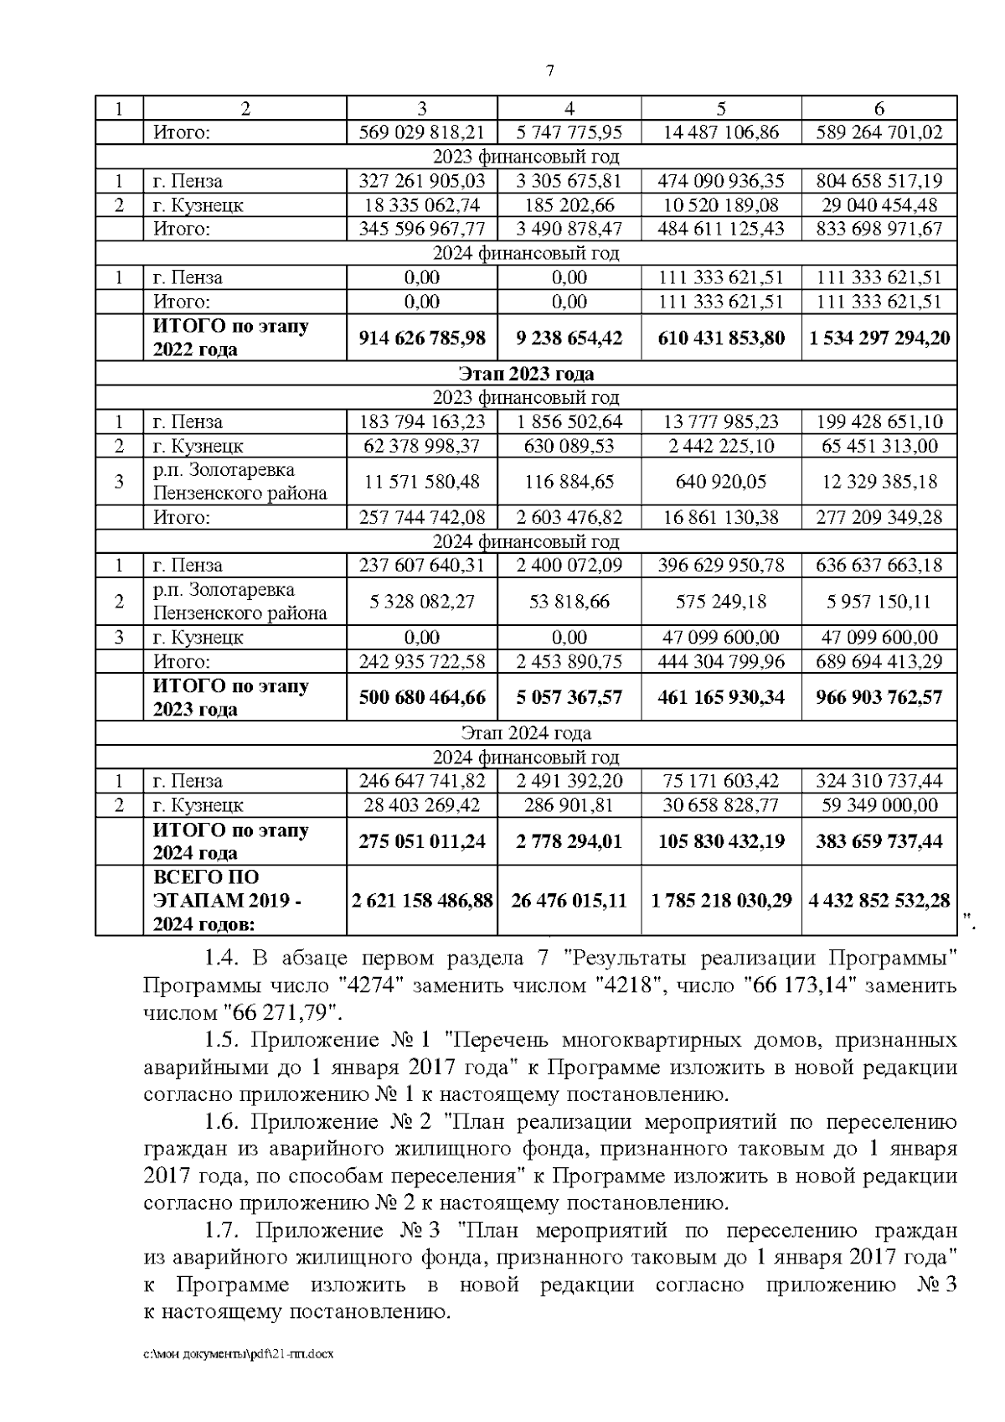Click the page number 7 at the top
550,71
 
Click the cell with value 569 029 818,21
421,132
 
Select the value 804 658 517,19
879,181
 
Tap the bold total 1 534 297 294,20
879,338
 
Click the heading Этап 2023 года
526,374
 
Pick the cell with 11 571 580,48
421,482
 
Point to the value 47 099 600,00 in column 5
720,637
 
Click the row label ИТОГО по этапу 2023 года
230,697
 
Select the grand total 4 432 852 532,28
879,901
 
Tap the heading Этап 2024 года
526,733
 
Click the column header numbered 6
879,109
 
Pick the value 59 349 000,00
879,805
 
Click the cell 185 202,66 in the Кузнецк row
569,205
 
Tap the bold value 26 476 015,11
569,901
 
